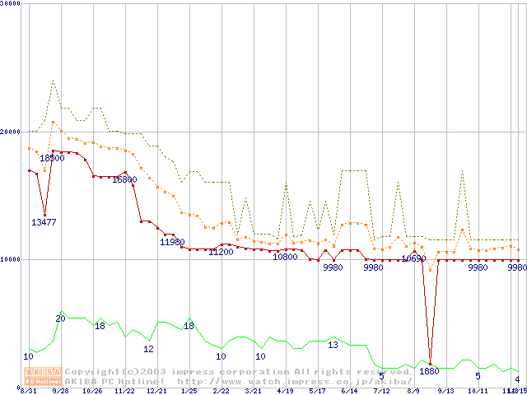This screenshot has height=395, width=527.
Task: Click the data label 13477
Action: (44, 222)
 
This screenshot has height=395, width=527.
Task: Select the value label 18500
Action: (52, 158)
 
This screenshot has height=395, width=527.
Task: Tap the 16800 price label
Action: (124, 179)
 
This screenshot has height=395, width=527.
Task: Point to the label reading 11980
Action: (172, 242)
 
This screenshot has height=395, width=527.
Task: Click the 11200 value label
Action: (221, 252)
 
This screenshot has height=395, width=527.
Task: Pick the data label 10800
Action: (285, 257)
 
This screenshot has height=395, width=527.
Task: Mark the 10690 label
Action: (413, 258)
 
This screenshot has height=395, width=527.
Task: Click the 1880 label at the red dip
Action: (429, 371)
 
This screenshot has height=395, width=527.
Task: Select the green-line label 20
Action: (60, 318)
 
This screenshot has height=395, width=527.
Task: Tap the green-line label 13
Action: (333, 345)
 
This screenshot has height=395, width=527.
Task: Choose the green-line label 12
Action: (148, 349)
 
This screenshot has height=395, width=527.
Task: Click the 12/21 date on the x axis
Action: (156, 391)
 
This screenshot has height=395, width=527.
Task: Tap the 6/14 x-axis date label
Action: (349, 391)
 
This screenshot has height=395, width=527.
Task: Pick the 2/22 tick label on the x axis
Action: (221, 391)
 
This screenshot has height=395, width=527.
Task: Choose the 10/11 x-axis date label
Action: (478, 391)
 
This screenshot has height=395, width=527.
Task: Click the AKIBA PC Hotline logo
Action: (43, 376)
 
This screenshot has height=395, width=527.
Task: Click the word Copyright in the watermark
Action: (92, 372)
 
